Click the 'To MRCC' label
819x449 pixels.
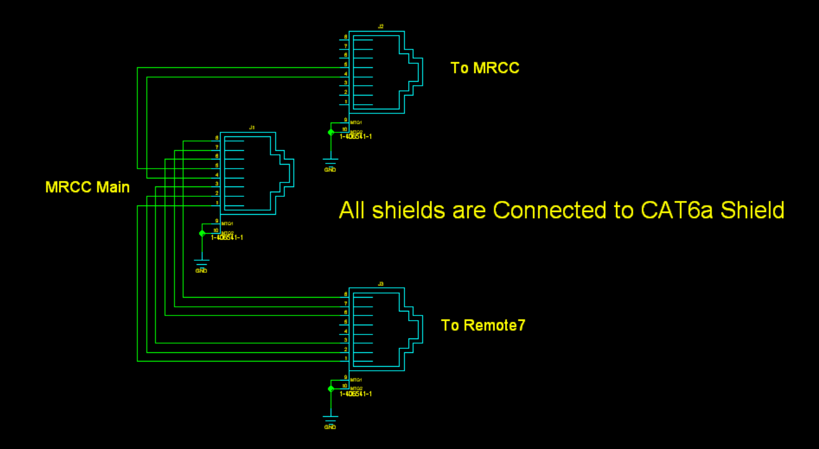[485, 68]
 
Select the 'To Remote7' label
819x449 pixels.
[483, 325]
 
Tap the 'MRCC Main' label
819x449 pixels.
[87, 187]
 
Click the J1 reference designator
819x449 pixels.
[252, 127]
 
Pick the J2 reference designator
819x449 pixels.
[380, 26]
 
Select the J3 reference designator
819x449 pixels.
[380, 284]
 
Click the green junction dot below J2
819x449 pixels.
[331, 132]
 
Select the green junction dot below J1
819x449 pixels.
[202, 233]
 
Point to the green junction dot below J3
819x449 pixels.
[331, 389]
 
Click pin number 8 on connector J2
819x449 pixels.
[346, 37]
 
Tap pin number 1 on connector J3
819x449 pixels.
[346, 359]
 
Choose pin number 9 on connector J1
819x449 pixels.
[217, 221]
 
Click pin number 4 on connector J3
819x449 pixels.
[346, 331]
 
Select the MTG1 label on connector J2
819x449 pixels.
[356, 123]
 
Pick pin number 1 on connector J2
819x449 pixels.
[346, 102]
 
